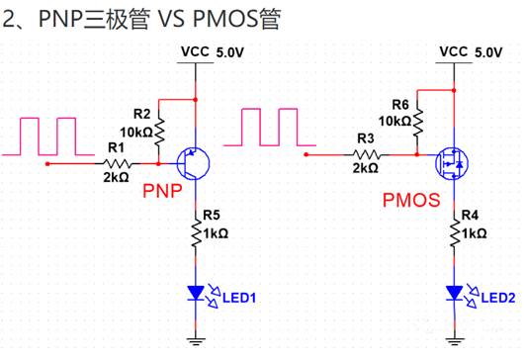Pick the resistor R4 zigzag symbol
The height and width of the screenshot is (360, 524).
point(455,233)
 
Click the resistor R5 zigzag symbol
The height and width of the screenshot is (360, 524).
point(199,234)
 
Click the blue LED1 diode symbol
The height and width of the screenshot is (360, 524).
point(199,292)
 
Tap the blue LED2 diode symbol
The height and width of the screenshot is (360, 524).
point(455,293)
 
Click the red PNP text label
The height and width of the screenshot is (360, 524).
point(163,190)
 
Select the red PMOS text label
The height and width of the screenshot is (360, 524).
point(409,201)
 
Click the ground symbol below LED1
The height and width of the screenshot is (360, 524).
point(199,340)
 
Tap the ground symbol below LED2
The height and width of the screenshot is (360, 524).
point(455,340)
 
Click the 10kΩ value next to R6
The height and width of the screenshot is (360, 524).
point(394,121)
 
